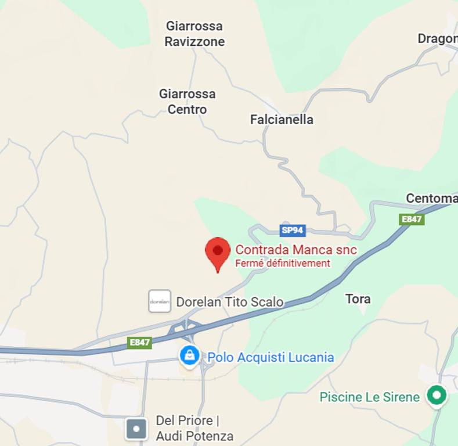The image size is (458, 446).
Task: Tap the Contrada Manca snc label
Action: tap(295, 250)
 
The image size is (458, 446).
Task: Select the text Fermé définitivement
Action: tap(282, 264)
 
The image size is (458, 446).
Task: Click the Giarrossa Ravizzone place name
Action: tap(194, 34)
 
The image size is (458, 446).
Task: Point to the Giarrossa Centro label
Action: tap(187, 101)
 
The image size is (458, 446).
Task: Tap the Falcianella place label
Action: tap(282, 120)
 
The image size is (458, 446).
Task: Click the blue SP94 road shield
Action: tap(293, 231)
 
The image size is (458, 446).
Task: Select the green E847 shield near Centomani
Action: tap(412, 219)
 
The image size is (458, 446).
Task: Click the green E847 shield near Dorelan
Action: tap(139, 343)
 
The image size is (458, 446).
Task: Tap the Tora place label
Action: tap(358, 299)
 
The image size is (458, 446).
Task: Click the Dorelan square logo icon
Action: tap(160, 301)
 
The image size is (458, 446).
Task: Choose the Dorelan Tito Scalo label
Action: tap(230, 302)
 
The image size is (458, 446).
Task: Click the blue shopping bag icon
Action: tap(189, 355)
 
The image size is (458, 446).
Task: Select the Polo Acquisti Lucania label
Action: tap(271, 357)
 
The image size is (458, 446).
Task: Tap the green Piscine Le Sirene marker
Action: tap(437, 396)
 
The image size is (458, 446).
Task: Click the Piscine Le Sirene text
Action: tap(369, 397)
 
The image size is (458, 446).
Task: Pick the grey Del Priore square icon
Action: tap(136, 429)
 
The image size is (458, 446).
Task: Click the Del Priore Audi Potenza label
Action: tap(194, 428)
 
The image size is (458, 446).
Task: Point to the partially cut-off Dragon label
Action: tap(437, 39)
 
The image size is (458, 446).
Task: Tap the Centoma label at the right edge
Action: tap(431, 199)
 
